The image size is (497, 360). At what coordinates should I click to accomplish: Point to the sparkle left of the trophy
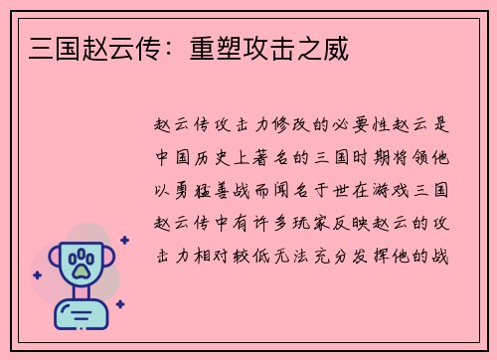(37, 275)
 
